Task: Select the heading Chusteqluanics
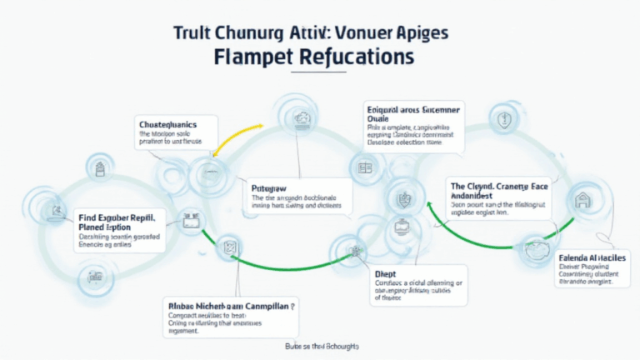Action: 174,123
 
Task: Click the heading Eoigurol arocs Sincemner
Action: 414,109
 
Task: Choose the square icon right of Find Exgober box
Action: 188,217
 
